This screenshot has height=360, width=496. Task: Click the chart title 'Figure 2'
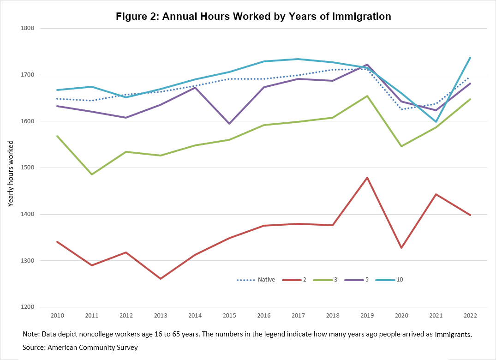(x=253, y=17)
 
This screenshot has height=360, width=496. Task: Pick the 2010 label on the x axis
(x=57, y=316)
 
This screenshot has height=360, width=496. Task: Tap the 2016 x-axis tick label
(x=264, y=316)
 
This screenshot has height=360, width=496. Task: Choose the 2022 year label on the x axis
(x=470, y=316)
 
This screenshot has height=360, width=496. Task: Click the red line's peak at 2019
(x=367, y=178)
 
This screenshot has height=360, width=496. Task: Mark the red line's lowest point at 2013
(x=161, y=279)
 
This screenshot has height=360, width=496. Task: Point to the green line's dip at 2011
(x=92, y=174)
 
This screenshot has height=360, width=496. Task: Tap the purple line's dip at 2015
(x=229, y=124)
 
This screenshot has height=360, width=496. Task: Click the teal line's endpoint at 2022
(x=470, y=58)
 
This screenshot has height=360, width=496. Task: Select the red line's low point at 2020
(x=401, y=248)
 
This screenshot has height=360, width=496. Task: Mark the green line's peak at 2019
(x=367, y=96)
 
